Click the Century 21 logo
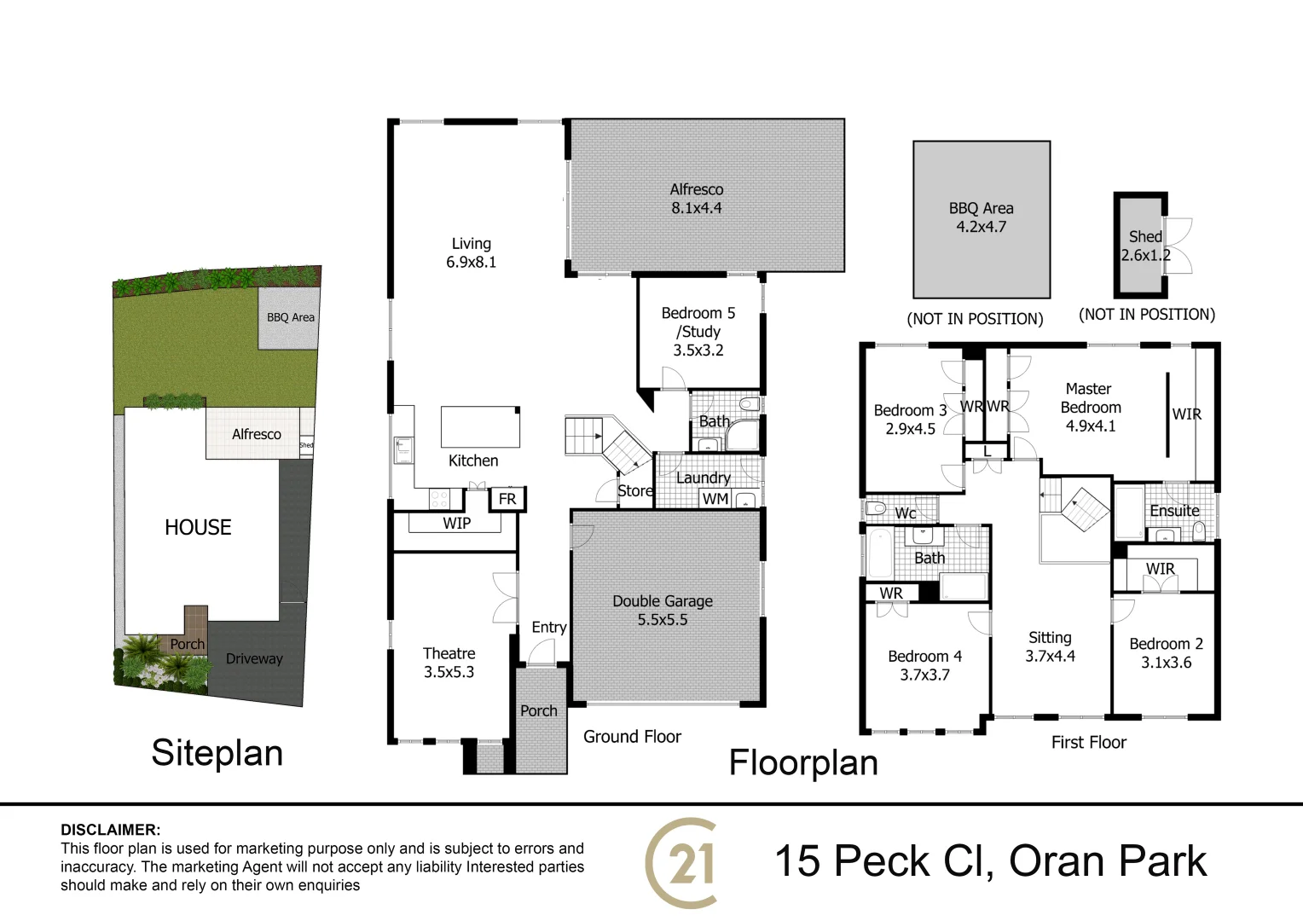682,863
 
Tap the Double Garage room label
663,601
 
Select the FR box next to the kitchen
507,499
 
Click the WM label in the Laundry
715,499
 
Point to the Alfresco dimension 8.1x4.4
696,208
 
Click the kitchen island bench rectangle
480,426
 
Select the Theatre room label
449,653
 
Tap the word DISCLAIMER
110,830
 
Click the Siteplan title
217,753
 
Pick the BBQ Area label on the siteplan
290,317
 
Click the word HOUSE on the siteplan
198,528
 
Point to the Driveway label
254,658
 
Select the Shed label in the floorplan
1145,236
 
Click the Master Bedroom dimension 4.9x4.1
1090,426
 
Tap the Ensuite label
1174,511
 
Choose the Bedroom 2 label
1166,644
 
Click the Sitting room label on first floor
1050,638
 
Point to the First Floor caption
1088,743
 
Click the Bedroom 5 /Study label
698,322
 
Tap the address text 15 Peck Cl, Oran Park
990,861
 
